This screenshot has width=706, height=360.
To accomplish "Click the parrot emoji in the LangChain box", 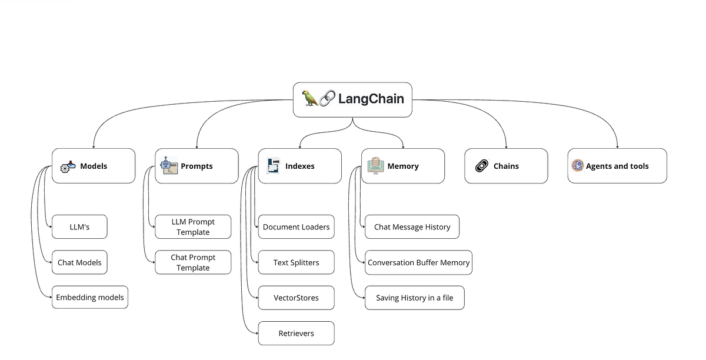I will click(310, 98).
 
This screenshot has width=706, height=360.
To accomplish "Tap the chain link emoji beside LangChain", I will click(327, 98).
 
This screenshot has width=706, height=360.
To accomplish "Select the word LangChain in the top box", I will click(371, 99).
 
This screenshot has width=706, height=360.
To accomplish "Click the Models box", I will click(94, 166).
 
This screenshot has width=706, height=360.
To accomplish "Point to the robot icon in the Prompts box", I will click(169, 166).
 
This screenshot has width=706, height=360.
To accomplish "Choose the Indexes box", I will click(299, 166).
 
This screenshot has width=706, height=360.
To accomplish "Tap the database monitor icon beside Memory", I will click(375, 166).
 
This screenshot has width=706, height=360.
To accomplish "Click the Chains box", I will click(506, 166).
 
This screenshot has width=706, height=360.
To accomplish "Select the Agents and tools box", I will click(617, 166).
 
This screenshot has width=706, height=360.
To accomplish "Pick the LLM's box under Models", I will click(79, 227).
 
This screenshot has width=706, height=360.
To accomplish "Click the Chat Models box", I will click(79, 262).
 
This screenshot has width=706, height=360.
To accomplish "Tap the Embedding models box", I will click(90, 298).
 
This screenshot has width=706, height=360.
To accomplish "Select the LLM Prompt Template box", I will click(193, 227).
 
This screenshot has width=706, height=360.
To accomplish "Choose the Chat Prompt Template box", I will click(193, 262).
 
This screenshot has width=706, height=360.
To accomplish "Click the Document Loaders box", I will click(296, 227).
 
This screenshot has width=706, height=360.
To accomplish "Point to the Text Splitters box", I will click(296, 262).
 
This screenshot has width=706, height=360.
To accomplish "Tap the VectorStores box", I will click(296, 298).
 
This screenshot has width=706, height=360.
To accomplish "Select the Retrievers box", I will click(296, 334).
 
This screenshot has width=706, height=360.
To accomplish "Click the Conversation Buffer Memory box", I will click(418, 262).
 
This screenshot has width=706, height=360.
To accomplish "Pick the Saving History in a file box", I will click(414, 298).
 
